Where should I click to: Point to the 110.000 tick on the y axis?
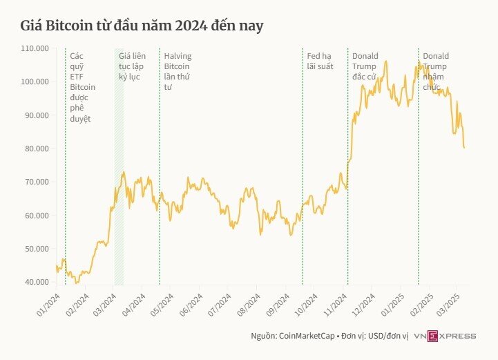[x=34, y=48]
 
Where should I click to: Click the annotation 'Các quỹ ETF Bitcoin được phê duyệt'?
[x=82, y=87]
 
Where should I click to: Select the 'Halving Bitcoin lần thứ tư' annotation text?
[x=178, y=71]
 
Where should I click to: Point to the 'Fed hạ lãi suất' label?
[x=320, y=61]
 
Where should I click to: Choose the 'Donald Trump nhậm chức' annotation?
[x=436, y=71]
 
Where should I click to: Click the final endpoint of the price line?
[x=464, y=147]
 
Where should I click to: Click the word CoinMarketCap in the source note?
[x=309, y=337]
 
